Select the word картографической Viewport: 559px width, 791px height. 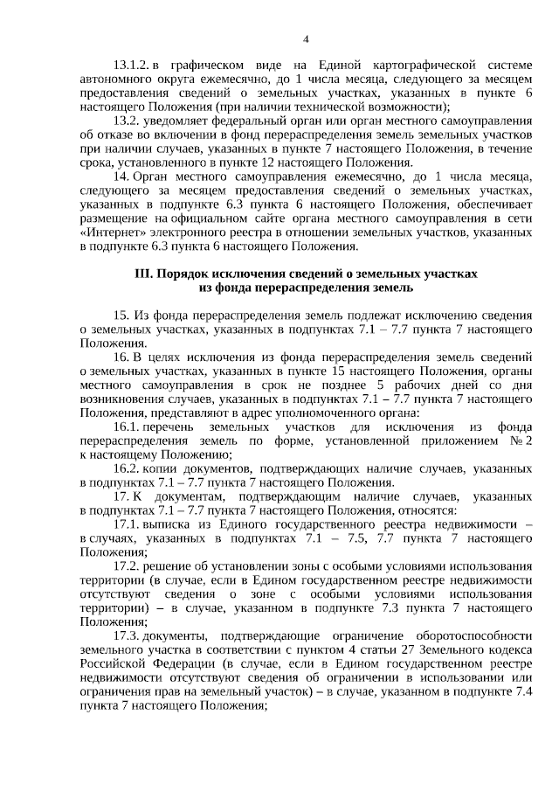pos(424,65)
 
